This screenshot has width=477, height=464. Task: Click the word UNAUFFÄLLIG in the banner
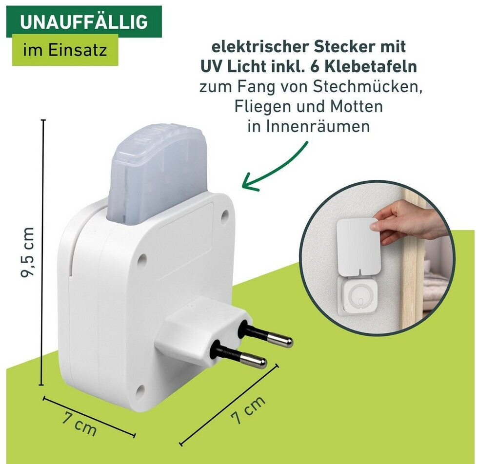coord(84,21)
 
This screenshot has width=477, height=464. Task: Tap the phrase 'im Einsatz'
coord(65,50)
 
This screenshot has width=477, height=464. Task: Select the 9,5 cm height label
coord(28,252)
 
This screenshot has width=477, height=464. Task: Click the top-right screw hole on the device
coord(225,215)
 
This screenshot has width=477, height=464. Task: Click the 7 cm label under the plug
coord(248,410)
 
